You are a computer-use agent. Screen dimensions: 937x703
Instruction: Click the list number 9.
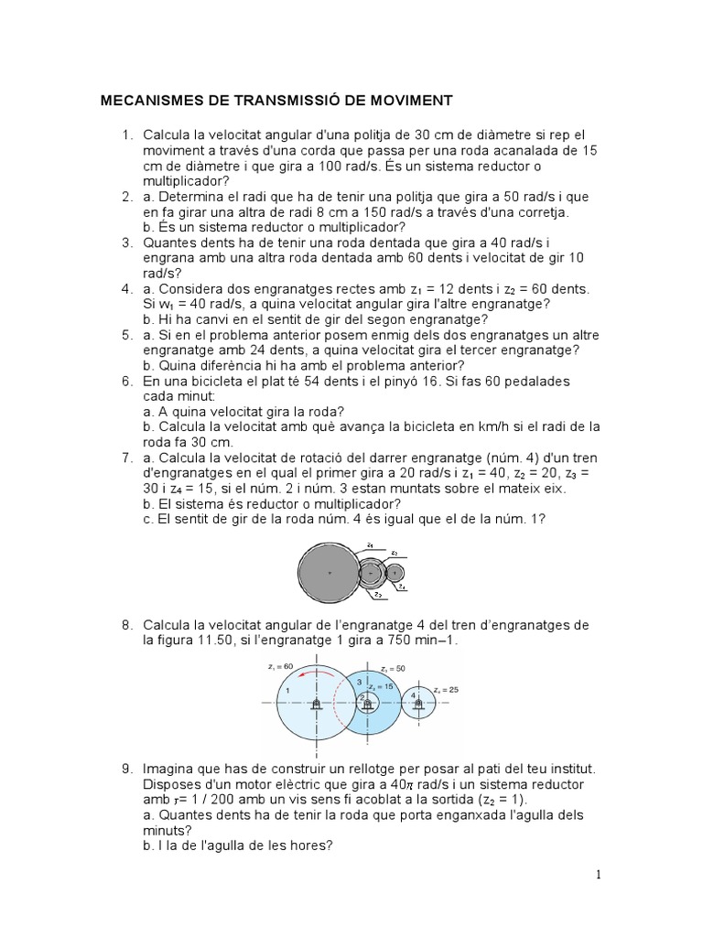pos(127,766)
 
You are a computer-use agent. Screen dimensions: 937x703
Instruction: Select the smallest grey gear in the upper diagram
pos(395,574)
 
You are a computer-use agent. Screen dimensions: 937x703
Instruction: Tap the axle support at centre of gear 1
pos(316,705)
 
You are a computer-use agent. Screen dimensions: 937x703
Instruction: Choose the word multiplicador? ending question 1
pos(186,181)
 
